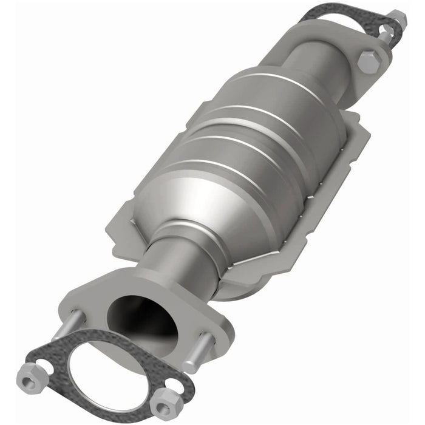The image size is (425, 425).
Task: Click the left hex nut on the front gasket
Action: [x=29, y=381]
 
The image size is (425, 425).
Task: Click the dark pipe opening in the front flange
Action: [x=142, y=318]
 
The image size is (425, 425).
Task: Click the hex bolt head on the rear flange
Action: [x=369, y=61]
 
